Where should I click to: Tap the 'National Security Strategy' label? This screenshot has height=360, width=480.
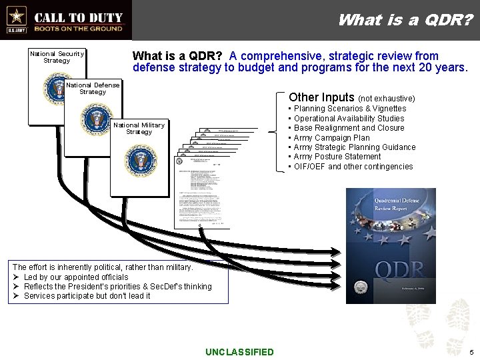coord(57,57)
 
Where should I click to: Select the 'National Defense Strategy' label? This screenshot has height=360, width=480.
coord(93,88)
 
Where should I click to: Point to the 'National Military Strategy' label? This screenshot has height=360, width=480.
coord(139,128)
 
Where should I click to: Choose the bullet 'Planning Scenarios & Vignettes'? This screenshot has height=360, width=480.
coord(349,109)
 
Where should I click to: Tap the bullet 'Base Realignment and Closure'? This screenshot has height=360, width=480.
coord(349,128)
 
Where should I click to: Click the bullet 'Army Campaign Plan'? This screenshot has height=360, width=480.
coord(331,138)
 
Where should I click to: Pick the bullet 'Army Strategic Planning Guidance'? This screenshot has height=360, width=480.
coord(354,147)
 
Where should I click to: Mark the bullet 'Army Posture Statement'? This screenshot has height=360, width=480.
coord(337,157)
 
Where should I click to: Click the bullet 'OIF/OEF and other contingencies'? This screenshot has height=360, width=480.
coord(353,167)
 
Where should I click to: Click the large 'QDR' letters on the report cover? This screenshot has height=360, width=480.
coord(399,270)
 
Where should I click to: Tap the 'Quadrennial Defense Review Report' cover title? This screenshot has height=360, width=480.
coord(390,203)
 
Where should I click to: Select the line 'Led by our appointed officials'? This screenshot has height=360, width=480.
coord(75,277)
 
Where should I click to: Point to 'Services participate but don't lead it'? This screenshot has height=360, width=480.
coord(87,295)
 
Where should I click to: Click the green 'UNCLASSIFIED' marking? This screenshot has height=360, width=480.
coord(239,352)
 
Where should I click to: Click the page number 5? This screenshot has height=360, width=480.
coord(471,352)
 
